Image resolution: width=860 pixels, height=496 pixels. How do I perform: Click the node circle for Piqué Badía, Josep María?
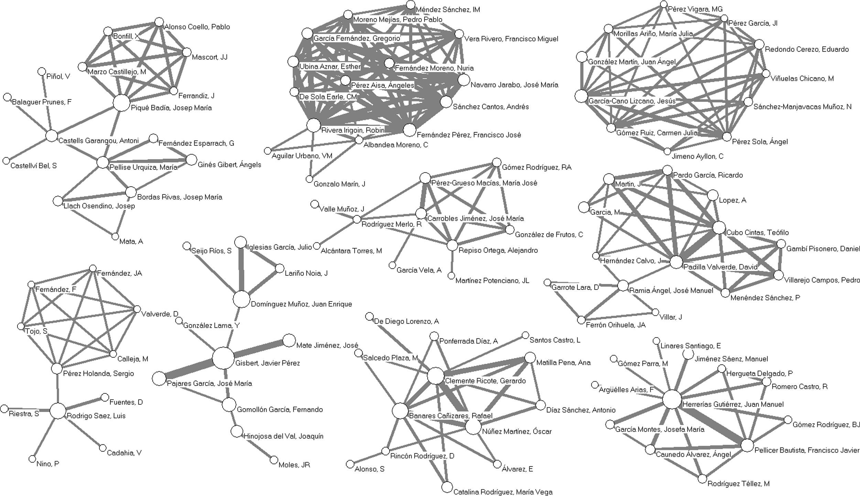click(x=121, y=103)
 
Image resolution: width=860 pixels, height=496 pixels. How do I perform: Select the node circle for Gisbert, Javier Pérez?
click(x=223, y=358)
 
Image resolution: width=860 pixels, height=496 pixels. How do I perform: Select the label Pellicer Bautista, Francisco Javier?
click(x=807, y=450)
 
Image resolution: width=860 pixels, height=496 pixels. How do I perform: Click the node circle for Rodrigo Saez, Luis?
click(x=58, y=411)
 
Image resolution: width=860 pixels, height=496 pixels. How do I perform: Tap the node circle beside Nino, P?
click(x=32, y=459)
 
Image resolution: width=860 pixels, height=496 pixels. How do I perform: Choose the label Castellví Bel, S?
click(x=33, y=166)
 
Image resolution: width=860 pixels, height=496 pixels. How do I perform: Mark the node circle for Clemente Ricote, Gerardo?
click(x=436, y=376)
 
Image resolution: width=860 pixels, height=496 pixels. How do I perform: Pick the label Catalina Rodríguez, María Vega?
click(x=503, y=492)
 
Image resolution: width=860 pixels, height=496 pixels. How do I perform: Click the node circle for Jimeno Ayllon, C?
click(x=667, y=151)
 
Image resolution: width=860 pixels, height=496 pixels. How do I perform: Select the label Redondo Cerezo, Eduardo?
click(x=806, y=49)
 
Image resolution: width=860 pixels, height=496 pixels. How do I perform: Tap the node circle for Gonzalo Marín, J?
click(x=309, y=179)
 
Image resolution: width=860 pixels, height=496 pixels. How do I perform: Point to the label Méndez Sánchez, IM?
click(x=448, y=10)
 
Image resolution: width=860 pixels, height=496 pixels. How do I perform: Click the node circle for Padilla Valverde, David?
click(x=676, y=262)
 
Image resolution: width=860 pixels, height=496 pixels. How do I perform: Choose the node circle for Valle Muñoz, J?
click(x=314, y=204)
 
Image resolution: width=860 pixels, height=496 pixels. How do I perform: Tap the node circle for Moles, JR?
click(x=274, y=460)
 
